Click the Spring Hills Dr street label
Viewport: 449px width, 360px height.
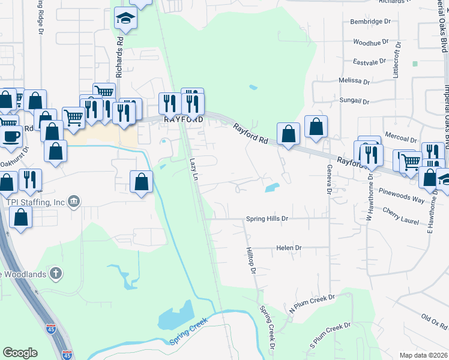pyautogui.click(x=268, y=219)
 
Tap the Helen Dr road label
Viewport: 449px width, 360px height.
pyautogui.click(x=289, y=248)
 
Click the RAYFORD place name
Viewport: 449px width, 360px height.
pyautogui.click(x=182, y=119)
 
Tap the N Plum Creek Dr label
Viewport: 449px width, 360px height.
pyautogui.click(x=311, y=303)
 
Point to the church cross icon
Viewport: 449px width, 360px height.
pyautogui.click(x=56, y=274)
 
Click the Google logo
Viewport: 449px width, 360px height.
pyautogui.click(x=20, y=353)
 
